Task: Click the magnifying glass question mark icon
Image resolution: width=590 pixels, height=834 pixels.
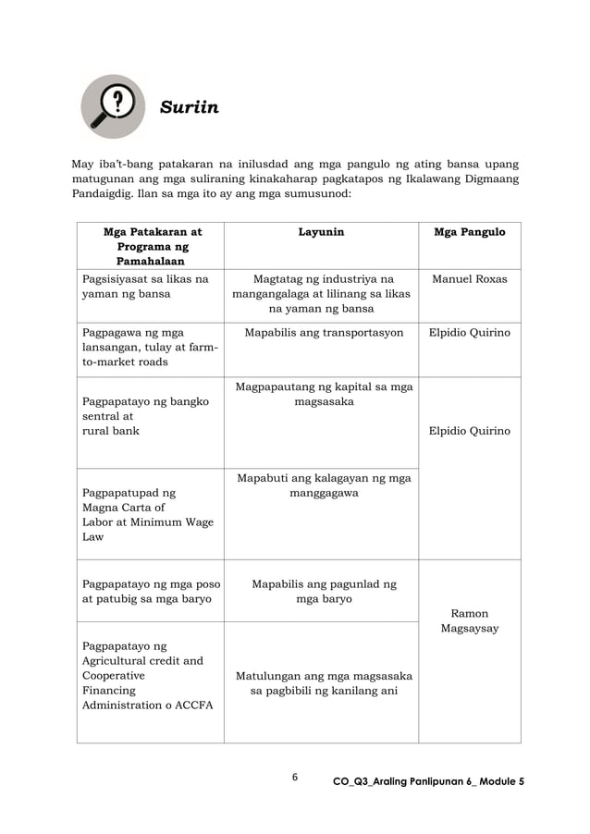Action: click(112, 105)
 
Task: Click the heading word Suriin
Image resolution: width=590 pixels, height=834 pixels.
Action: click(190, 108)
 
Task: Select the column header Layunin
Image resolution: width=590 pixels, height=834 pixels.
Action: click(320, 232)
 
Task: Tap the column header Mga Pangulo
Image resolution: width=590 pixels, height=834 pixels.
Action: click(470, 232)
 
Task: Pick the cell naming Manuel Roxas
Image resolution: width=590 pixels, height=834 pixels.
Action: click(470, 278)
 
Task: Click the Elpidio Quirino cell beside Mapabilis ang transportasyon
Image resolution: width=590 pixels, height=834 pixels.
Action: click(470, 333)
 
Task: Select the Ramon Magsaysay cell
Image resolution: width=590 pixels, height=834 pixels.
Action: click(470, 620)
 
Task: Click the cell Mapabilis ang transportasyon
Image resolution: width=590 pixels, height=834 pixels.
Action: click(320, 333)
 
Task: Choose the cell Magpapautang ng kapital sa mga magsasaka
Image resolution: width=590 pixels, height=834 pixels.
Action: click(320, 395)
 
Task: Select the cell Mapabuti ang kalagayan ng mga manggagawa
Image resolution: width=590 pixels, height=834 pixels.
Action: click(320, 485)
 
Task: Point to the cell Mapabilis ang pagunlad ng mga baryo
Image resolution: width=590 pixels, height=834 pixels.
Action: click(320, 591)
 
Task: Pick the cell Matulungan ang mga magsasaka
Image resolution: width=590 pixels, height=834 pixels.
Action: click(320, 683)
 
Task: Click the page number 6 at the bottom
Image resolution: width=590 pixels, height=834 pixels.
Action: click(294, 777)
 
